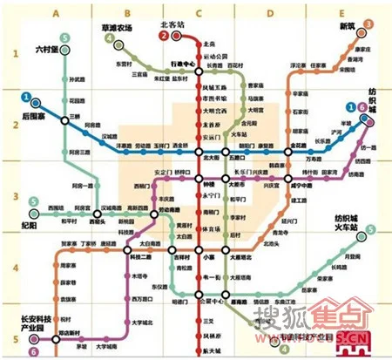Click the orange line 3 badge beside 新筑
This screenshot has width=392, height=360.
click(369, 25)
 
